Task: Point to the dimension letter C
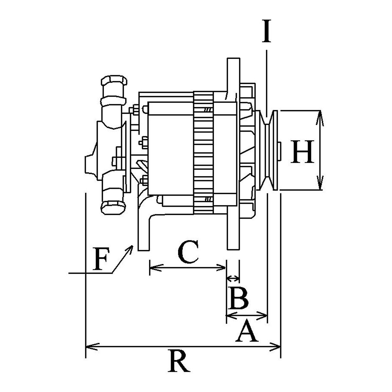(188, 252)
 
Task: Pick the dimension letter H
(302, 152)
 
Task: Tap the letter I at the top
(267, 31)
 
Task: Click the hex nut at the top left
(114, 81)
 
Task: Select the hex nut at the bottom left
(113, 208)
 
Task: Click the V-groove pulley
(269, 150)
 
